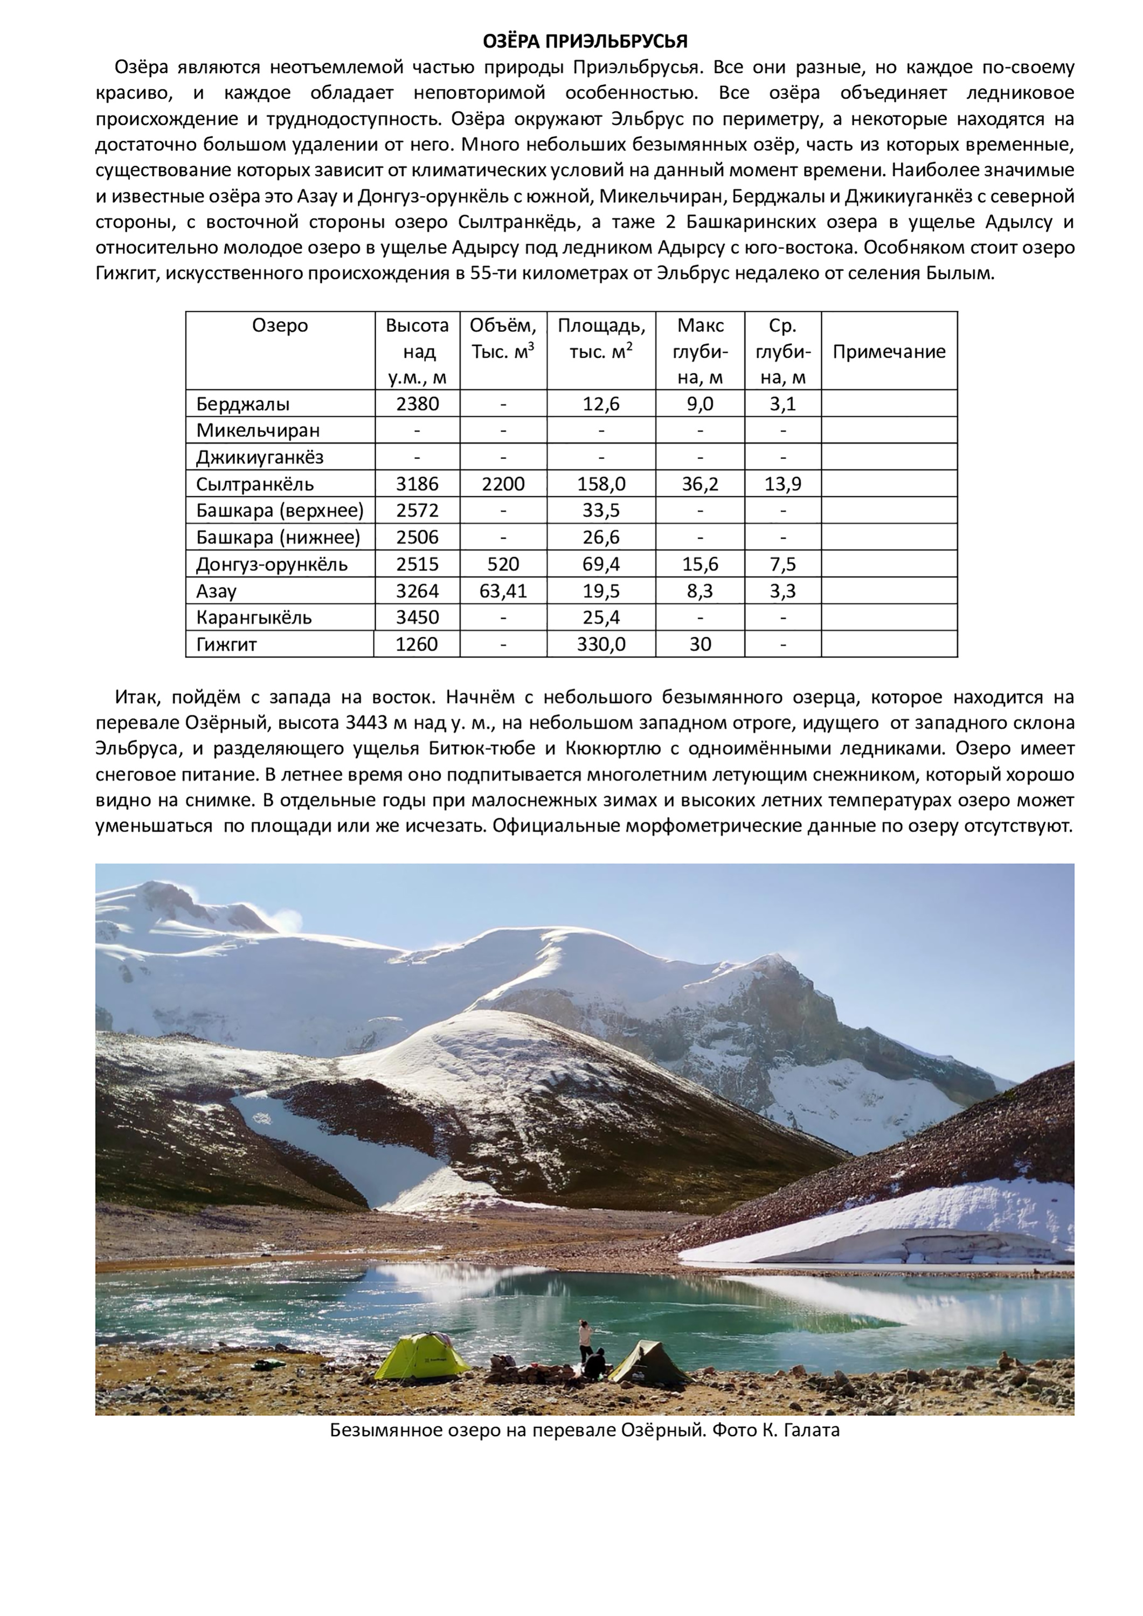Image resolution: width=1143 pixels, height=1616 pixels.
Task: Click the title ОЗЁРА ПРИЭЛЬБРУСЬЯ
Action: [585, 41]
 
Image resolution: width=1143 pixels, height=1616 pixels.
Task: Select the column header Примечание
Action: [889, 351]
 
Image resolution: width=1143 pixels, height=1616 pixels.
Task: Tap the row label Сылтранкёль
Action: [255, 484]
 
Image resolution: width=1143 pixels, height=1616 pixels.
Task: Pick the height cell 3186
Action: [417, 484]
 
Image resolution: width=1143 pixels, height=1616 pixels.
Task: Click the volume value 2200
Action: [503, 484]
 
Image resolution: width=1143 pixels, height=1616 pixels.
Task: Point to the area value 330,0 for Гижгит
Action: [601, 644]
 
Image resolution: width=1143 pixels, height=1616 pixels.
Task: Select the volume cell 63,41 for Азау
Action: [503, 590]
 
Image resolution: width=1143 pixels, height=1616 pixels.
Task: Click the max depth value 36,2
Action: [699, 484]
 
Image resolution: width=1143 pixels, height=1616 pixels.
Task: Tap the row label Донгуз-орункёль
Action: [271, 564]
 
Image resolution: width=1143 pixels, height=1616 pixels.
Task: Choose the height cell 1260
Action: [417, 644]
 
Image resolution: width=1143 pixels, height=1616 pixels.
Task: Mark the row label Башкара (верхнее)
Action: [280, 510]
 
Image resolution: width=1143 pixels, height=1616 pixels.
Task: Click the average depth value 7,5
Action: [782, 564]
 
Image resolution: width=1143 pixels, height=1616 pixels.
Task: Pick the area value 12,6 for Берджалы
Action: [601, 403]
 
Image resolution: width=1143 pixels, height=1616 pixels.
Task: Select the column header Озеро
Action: [280, 325]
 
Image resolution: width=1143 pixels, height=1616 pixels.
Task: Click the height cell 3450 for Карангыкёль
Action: [417, 617]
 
